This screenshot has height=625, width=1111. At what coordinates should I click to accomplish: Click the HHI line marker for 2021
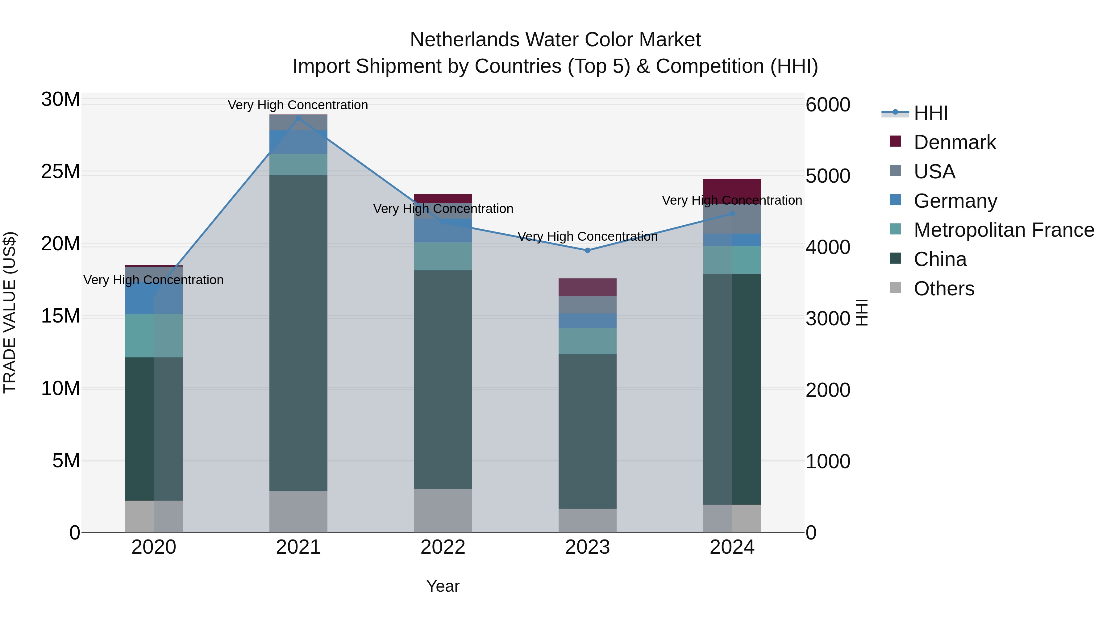(298, 118)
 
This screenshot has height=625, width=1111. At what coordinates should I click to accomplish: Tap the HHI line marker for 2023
(587, 250)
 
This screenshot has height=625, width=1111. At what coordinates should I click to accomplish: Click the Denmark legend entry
(955, 142)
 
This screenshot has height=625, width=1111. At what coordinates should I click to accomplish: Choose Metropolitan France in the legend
(1004, 230)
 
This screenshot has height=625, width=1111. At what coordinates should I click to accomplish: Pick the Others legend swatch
(895, 288)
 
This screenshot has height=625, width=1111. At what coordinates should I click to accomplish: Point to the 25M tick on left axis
(60, 172)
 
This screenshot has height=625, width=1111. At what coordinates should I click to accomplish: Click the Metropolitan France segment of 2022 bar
(443, 256)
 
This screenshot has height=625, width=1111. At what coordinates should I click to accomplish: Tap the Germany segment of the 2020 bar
(154, 298)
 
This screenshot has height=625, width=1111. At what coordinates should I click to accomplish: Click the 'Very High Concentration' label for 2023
(587, 236)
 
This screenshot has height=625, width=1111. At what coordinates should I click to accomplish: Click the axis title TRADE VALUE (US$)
(10, 312)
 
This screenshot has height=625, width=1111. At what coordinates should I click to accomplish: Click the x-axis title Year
(443, 586)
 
